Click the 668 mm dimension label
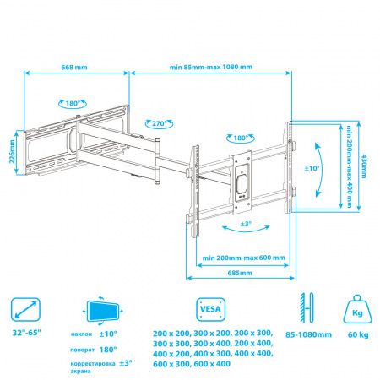[x=74, y=68]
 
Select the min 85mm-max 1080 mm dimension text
[x=211, y=67]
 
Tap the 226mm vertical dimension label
[x=12, y=151]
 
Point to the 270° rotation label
[x=160, y=123]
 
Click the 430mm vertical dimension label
[x=364, y=166]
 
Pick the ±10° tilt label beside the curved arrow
[x=312, y=168]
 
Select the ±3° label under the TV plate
[x=246, y=224]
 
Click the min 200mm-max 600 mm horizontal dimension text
[x=244, y=258]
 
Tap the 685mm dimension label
[x=240, y=273]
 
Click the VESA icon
[x=211, y=309]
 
